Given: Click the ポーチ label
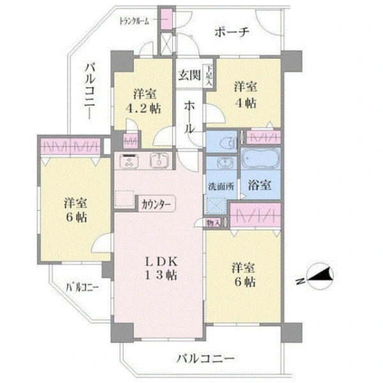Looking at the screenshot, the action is point(232,32).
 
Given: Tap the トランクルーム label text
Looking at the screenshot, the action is point(134,21).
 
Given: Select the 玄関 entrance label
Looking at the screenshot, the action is point(190,75).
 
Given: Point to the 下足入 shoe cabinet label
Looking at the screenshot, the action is point(209,75).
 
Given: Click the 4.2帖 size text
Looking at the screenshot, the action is point(144,109).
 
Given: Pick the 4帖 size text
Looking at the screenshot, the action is point(246,103).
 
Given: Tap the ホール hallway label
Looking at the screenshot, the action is point(190,117).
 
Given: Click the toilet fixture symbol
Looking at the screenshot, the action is point(229,143).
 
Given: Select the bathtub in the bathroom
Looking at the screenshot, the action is point(260,158).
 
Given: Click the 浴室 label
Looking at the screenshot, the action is point(259,185).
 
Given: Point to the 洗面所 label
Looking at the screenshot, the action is point(221,186).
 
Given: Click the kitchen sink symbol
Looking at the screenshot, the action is point(159,160).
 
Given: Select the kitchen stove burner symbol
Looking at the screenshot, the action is point(129,161).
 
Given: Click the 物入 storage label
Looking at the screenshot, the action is point(213,223).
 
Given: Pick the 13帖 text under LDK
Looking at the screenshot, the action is point(161,275).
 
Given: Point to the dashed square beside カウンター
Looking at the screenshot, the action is point(124,199).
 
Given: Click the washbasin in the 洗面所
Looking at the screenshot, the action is point(223,162).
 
